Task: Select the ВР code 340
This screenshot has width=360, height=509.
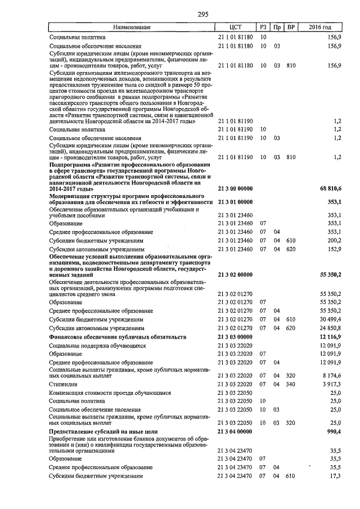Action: pyautogui.click(x=291, y=384)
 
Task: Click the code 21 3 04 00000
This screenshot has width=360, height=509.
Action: pyautogui.click(x=236, y=430)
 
